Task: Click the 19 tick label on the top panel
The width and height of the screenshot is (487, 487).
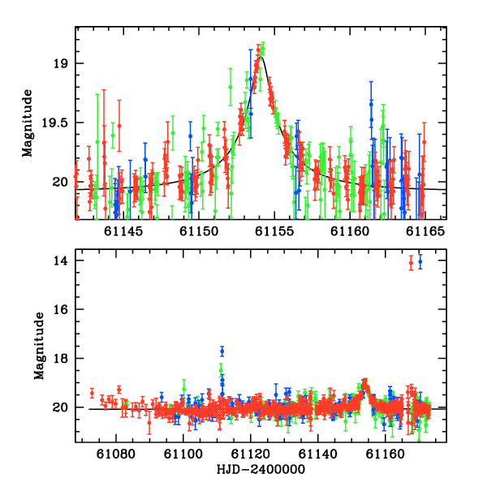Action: point(60,63)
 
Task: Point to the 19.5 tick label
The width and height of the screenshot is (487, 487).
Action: point(54,123)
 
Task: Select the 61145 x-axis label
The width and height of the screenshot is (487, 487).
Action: point(123,231)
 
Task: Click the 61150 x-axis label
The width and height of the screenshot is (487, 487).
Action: point(199,231)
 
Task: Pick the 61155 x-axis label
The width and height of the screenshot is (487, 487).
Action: point(274,231)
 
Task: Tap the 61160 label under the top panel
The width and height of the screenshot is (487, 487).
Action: point(350,231)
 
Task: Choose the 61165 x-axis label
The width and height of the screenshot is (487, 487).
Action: point(425,231)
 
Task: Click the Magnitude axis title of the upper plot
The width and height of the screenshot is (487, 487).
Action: point(28,123)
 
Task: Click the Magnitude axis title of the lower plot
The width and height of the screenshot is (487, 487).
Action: point(39,346)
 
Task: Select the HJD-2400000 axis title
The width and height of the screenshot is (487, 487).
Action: point(261,469)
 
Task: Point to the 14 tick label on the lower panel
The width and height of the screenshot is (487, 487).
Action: point(60,261)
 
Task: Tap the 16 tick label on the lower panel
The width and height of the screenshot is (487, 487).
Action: point(60,310)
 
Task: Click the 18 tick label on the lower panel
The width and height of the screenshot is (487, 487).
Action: point(60,359)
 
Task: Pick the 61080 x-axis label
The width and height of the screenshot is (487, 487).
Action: point(116,454)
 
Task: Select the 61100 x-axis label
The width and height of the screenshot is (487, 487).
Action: point(183,454)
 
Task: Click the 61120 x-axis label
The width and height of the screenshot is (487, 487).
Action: point(251,454)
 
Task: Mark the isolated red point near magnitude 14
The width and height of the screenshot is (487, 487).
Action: point(411,263)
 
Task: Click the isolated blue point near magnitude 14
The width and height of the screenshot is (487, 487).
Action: point(420,261)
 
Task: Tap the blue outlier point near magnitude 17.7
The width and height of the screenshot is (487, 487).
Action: point(222,351)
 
